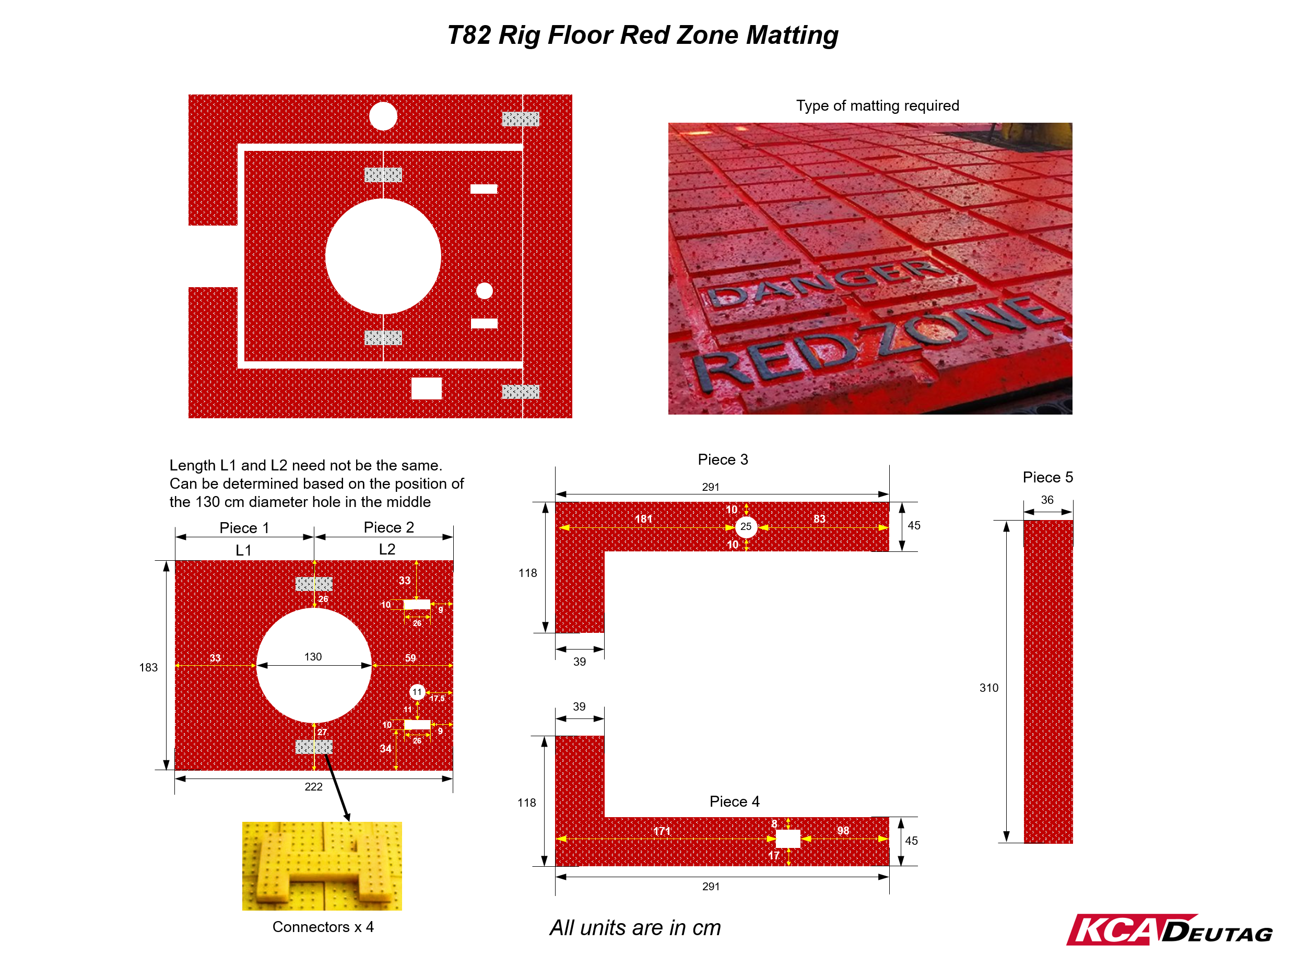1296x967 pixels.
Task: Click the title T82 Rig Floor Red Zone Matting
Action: (642, 35)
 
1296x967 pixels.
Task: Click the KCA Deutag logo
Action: (1169, 929)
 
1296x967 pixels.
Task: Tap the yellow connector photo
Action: (322, 865)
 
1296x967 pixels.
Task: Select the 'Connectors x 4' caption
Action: (323, 927)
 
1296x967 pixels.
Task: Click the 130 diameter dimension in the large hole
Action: (313, 657)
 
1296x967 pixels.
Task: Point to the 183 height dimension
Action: (148, 667)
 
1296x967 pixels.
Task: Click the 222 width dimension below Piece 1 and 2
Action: (314, 787)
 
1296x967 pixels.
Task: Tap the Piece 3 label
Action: (723, 459)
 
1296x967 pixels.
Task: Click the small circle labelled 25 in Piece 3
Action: (746, 527)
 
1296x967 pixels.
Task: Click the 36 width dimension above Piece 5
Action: (1047, 500)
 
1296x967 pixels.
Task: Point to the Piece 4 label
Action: (735, 801)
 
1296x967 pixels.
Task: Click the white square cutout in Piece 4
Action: (788, 838)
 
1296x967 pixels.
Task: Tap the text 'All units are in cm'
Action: (635, 928)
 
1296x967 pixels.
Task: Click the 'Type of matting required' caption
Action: (877, 105)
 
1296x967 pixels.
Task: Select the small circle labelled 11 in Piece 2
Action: (417, 692)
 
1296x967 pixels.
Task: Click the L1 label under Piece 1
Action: (243, 550)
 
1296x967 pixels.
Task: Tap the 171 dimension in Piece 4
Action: (662, 831)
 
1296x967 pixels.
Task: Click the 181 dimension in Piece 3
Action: (643, 518)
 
